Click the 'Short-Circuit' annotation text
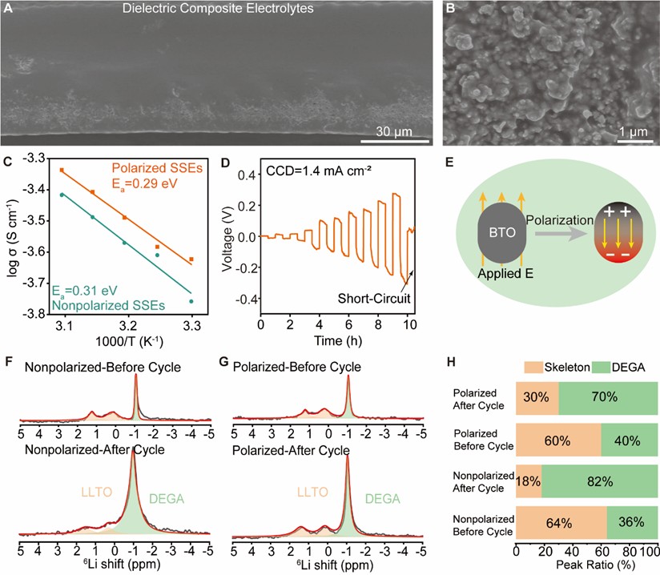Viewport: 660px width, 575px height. tap(385, 297)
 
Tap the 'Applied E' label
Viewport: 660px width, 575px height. tap(491, 273)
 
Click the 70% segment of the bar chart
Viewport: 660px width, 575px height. tap(607, 397)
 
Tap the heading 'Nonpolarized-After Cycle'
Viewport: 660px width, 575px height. tap(95, 450)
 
